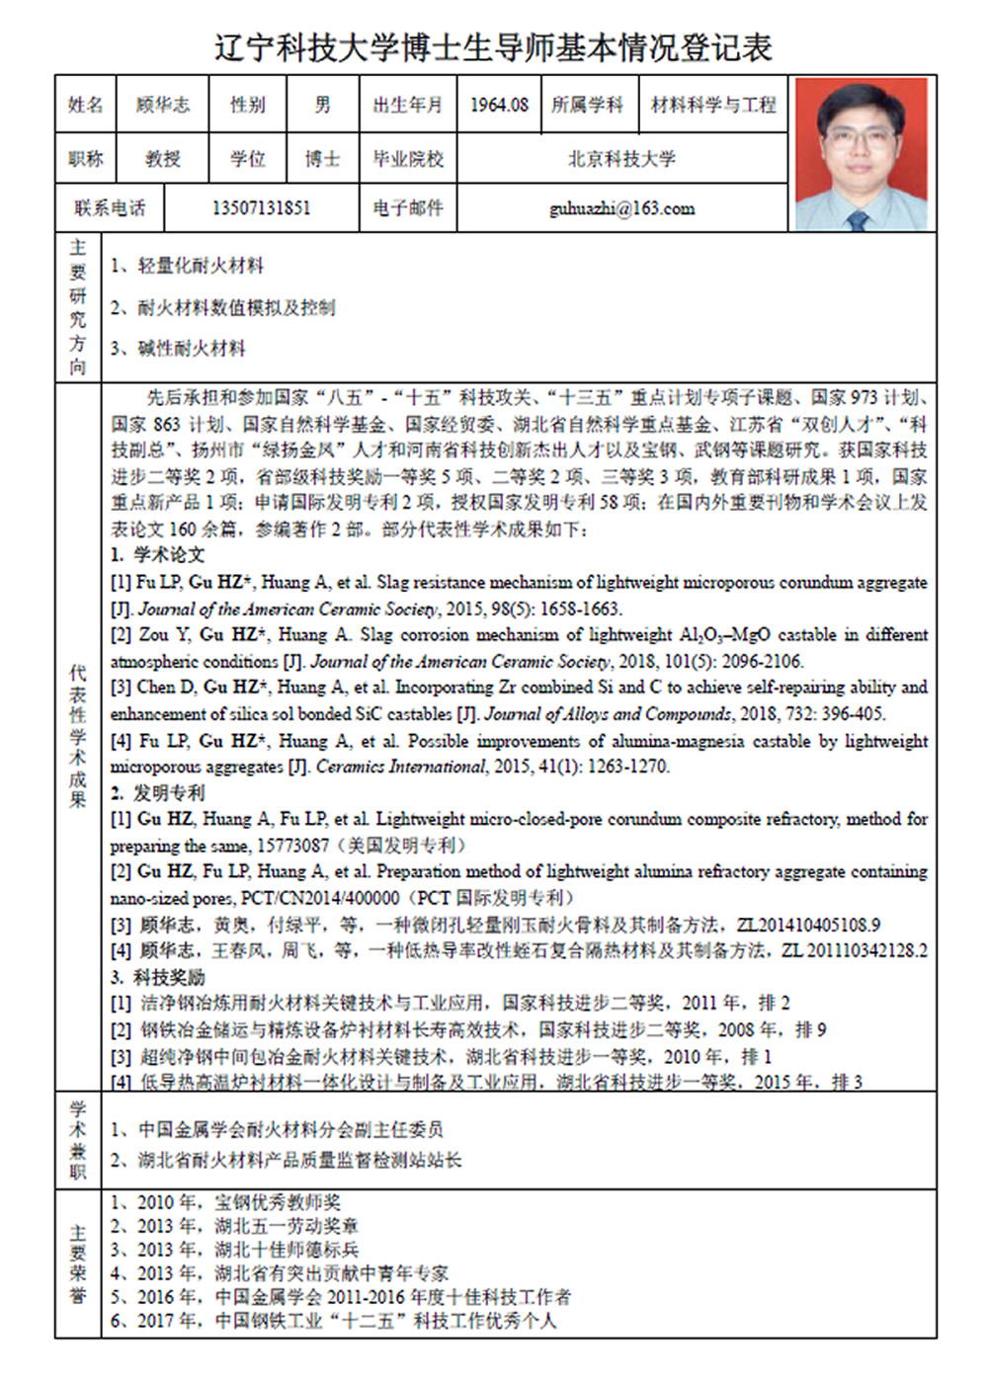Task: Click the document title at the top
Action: coord(493,46)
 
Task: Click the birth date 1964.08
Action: coord(499,105)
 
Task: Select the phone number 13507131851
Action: coord(261,208)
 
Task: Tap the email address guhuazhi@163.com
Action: coord(621,208)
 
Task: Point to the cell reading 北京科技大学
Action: coord(621,158)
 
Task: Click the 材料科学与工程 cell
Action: coord(713,105)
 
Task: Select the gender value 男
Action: coord(322,105)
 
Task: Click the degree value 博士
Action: coord(322,158)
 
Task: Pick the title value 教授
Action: coord(162,158)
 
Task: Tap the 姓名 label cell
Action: coord(85,105)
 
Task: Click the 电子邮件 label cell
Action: coord(407,208)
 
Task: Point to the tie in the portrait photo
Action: coord(857,219)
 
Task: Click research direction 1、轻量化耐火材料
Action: coord(187,266)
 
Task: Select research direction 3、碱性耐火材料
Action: coord(178,348)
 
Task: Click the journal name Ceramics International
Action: coord(400,767)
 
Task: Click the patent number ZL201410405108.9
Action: coord(808,925)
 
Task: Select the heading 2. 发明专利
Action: coord(158,792)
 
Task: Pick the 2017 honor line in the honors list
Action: coord(334,1321)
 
